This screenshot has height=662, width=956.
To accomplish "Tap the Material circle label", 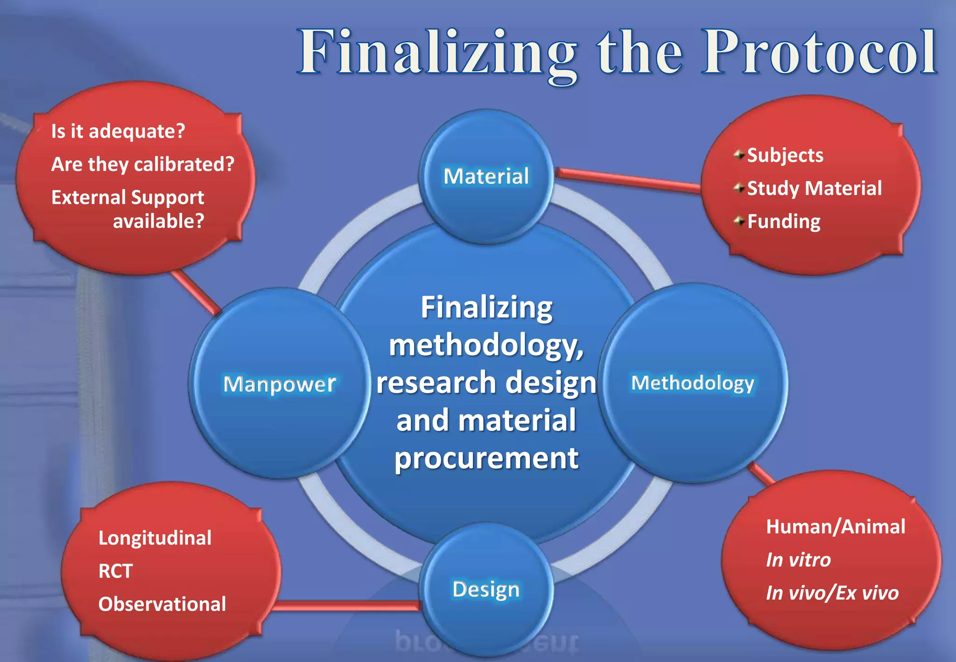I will coord(486,176).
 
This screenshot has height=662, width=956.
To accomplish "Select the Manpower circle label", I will coord(279,384).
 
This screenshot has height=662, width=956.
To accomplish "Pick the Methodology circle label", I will coord(692,383).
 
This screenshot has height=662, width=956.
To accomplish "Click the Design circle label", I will coord(485,589).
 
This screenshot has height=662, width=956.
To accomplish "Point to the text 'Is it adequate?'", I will coord(118,131).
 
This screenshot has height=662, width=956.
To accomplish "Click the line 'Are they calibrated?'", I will coord(142,164).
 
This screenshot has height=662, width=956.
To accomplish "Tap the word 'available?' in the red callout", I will coord(158,221).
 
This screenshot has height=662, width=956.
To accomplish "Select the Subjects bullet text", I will coord(785,155).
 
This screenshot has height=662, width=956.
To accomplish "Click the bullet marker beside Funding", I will coord(738,221).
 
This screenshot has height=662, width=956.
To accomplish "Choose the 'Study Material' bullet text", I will coord(814,189).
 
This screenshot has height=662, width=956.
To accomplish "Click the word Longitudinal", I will coord(155,538).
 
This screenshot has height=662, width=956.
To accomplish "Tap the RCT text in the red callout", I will coord(115,571).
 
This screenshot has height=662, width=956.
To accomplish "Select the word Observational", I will coord(162,604).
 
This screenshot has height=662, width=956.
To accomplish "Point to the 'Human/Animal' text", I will coord(835,527).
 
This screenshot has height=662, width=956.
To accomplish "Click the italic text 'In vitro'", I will coord(798,560).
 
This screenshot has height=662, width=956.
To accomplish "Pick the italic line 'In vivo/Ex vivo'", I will coord(832,593).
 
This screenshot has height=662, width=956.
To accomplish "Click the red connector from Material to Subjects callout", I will coord(628,180).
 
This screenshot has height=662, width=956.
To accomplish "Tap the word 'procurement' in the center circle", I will coord(486,458).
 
